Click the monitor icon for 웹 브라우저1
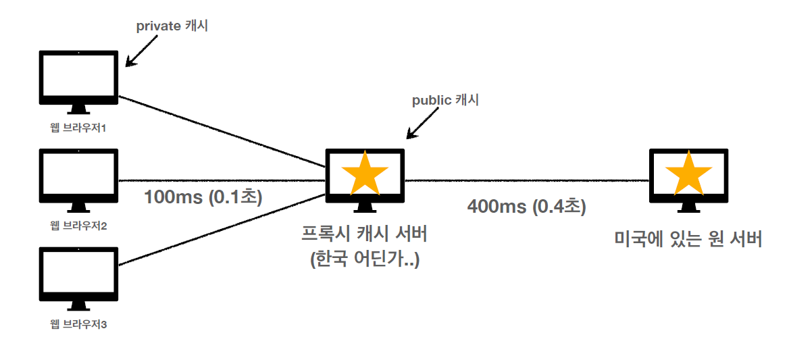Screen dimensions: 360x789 (79, 78)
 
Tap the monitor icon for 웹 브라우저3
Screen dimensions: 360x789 (79, 276)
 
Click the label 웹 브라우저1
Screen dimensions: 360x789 (79, 126)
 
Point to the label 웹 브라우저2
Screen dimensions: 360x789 (79, 225)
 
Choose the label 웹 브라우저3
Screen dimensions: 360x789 (79, 325)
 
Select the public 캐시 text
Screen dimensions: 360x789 (445, 101)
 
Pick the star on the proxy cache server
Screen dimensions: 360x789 (365, 172)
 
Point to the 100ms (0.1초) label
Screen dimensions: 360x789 (203, 197)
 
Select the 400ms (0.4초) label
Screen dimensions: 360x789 (526, 207)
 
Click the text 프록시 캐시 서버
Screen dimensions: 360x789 (365, 236)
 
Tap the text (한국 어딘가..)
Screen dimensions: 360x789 (365, 259)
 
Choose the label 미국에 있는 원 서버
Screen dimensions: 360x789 (688, 239)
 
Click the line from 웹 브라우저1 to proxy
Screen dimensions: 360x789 (223, 132)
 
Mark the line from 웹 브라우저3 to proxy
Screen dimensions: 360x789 (223, 229)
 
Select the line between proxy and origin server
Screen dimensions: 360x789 (527, 180)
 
